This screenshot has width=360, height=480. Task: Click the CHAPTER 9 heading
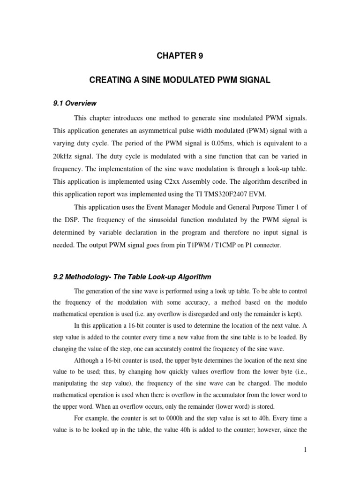(180, 56)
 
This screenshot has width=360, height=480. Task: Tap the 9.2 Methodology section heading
(133, 277)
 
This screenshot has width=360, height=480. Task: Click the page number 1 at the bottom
(305, 450)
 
